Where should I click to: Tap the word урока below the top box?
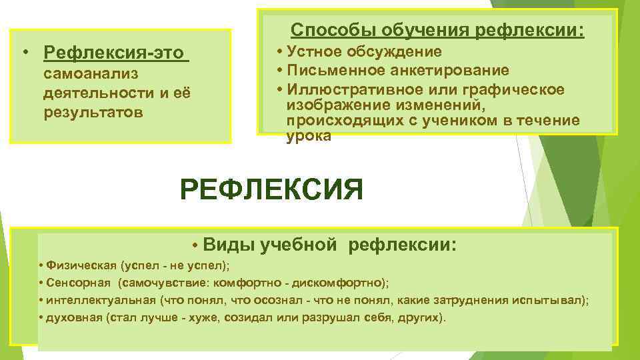pos(308,136)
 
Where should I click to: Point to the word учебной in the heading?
pos(299,245)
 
